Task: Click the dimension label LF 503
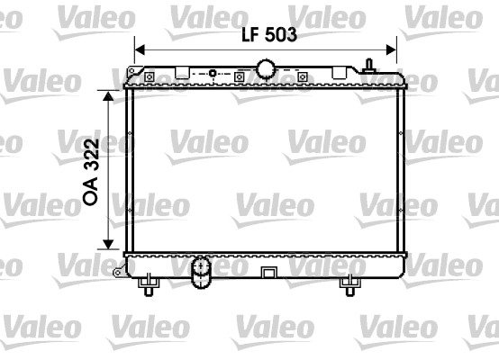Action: click(x=268, y=35)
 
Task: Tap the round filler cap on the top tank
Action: click(x=266, y=67)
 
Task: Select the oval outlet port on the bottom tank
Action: click(x=200, y=271)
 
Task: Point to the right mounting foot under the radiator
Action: click(x=349, y=285)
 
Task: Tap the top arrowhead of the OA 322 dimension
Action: click(x=108, y=93)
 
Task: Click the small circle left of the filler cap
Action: click(x=213, y=74)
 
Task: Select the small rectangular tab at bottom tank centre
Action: click(x=267, y=273)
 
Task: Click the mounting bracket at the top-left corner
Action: click(x=135, y=72)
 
